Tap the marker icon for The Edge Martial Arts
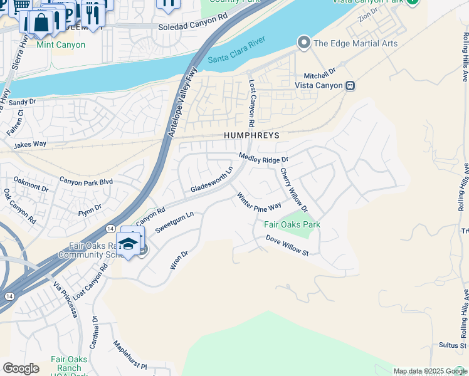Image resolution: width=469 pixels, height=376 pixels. pos(304,43)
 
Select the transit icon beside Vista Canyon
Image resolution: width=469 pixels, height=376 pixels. pos(351,85)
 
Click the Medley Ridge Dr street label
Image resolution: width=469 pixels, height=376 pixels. pos(263,159)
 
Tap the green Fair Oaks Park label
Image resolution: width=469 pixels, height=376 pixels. pos(292,224)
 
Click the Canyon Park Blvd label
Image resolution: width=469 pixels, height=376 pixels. pos(86,181)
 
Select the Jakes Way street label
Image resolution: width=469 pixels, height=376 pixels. pos(30,144)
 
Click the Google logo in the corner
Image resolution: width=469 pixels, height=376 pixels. pos(21,368)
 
